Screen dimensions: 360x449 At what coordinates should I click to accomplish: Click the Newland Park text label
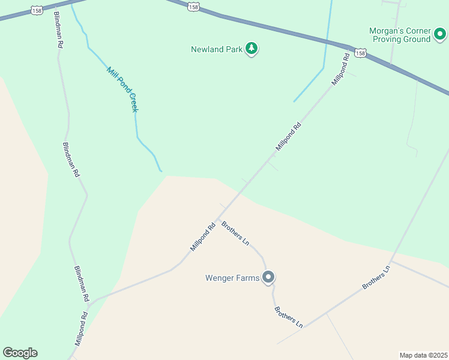click(x=217, y=49)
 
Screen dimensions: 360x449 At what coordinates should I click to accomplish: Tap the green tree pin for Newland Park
click(x=252, y=49)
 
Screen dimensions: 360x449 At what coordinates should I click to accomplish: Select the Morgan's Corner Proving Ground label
click(x=401, y=35)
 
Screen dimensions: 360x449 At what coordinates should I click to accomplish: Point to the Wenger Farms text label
click(x=232, y=278)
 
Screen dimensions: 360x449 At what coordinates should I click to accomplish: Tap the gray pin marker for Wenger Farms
click(x=269, y=277)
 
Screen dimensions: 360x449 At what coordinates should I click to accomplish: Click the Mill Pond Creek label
click(x=122, y=89)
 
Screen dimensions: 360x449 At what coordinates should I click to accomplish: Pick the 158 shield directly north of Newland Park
click(x=193, y=6)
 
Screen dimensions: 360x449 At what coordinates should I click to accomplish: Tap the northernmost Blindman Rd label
click(x=58, y=29)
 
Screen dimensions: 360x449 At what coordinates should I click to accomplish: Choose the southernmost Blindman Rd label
click(x=82, y=284)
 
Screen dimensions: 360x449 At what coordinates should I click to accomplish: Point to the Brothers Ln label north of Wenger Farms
click(x=235, y=233)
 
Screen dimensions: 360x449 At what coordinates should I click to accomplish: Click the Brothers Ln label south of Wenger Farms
click(x=288, y=317)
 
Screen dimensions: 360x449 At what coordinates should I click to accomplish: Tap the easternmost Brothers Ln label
click(x=376, y=278)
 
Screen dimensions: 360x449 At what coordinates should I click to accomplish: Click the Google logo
click(x=20, y=353)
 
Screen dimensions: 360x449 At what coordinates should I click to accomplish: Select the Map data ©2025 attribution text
click(x=424, y=355)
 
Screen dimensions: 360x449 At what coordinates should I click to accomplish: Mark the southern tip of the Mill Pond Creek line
click(x=161, y=171)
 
